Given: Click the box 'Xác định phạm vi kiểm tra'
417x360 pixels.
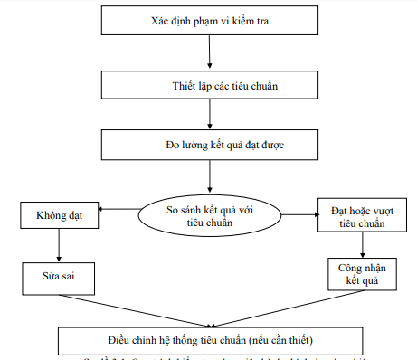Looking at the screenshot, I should (209, 21).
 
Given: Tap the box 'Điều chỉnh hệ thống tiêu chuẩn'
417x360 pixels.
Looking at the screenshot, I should (210, 340).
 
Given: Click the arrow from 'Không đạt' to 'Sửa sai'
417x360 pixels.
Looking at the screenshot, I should (58, 245).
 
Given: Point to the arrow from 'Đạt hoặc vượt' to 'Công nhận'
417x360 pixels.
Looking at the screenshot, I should (363, 244).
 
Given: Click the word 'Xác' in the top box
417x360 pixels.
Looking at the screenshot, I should (158, 21).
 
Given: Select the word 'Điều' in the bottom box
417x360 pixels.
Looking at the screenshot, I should (123, 340).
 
